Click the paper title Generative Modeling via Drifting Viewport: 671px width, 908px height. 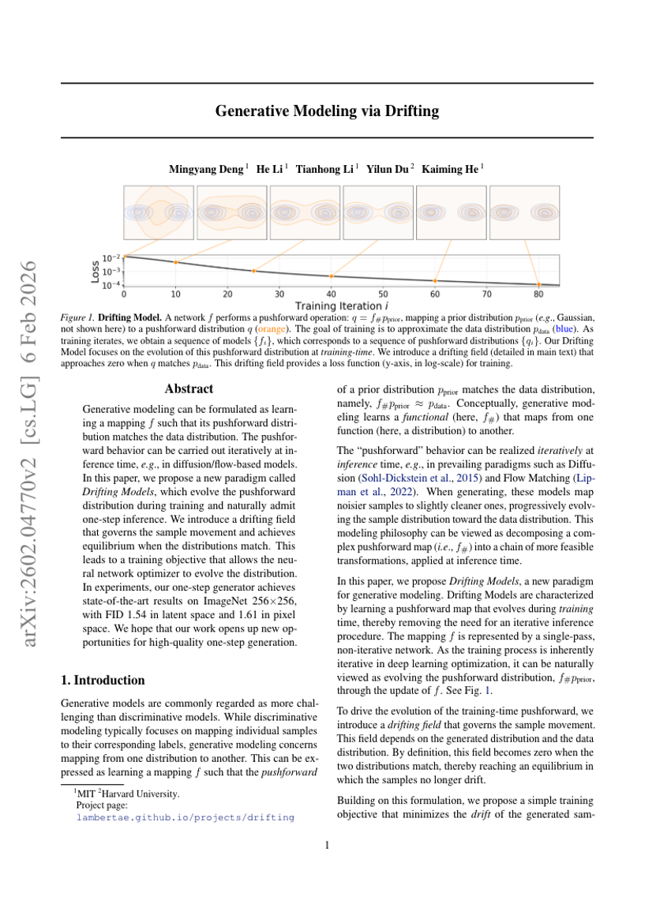pos(327,111)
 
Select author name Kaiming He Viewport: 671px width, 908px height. pos(451,169)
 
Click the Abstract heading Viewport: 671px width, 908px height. pos(189,388)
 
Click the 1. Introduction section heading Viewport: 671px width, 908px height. pos(103,680)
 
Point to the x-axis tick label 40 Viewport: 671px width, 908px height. pos(331,294)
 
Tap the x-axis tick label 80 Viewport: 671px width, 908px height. pos(538,294)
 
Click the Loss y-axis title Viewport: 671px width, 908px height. pos(95,271)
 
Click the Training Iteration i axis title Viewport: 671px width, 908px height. pos(341,305)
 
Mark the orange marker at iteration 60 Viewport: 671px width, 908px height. pos(435,281)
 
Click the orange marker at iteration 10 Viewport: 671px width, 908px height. pos(176,262)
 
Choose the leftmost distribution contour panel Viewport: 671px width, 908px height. pos(158,212)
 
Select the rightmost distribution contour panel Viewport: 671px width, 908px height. pos(524,212)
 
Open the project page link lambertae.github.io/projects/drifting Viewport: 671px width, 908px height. pos(185,817)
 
